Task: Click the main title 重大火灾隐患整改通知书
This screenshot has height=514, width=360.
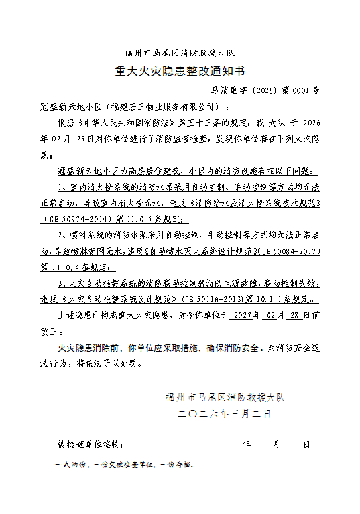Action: [180, 70]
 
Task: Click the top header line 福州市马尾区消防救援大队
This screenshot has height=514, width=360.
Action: [180, 52]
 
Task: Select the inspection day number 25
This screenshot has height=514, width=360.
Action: [81, 140]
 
